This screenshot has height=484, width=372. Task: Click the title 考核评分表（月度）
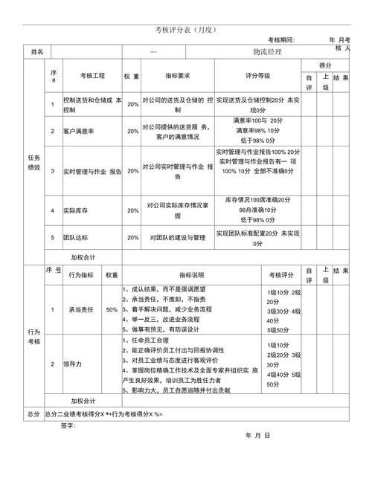[x=185, y=30]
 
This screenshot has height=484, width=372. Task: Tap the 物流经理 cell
[x=267, y=51]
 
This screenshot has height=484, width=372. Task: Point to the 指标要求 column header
[x=178, y=76]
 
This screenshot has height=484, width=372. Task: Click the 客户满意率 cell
[x=78, y=131]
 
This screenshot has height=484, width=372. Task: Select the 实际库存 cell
[x=74, y=210]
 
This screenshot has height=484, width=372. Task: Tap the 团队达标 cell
[x=74, y=238]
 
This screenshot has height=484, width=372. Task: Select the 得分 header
[x=325, y=65]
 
